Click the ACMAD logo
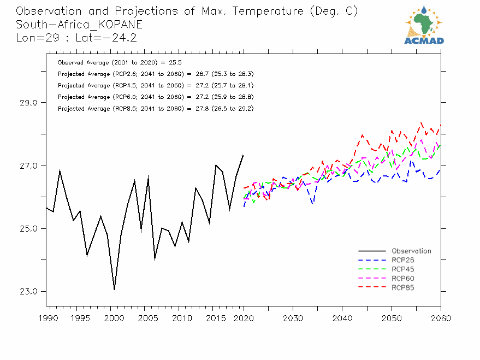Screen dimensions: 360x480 424,25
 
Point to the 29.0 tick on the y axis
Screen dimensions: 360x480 27,103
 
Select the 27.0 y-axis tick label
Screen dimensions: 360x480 27,166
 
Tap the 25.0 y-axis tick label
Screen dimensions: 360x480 27,228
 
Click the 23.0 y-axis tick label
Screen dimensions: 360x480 27,291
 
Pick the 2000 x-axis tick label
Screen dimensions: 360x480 111,318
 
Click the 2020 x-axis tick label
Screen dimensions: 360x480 244,318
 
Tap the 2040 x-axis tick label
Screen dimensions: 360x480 342,318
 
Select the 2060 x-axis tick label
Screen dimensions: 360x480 441,318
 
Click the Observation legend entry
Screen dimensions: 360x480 411,251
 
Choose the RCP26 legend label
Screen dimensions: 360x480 403,260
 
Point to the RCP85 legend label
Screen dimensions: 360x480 403,287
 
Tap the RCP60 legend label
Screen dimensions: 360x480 403,279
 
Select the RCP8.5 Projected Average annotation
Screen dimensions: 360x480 155,109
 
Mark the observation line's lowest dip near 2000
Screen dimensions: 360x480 114,290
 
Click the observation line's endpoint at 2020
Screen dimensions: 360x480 243,155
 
